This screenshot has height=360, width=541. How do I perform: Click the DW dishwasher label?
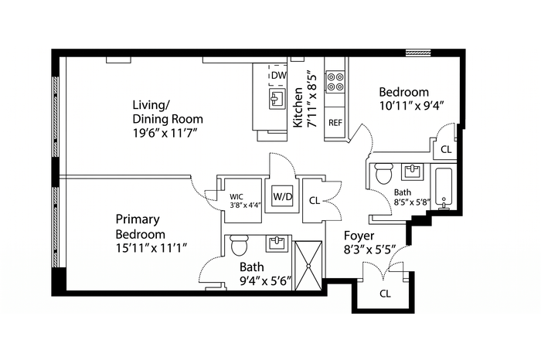[278, 75]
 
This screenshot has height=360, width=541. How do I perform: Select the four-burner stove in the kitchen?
[335, 81]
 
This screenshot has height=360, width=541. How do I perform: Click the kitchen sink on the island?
[277, 99]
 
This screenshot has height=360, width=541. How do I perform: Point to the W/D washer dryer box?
[283, 196]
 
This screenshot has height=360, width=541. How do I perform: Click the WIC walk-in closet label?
[236, 197]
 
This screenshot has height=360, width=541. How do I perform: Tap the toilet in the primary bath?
[239, 245]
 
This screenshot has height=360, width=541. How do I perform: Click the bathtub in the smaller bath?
[444, 188]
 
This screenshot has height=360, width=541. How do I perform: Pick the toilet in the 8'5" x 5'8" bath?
[383, 174]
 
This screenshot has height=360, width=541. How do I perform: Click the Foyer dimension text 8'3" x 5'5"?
[369, 250]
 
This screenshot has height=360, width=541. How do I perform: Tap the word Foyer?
[359, 236]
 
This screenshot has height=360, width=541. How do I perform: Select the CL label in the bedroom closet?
[446, 150]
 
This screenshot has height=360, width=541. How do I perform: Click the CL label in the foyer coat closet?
[385, 294]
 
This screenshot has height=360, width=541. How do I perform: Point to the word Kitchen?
[298, 107]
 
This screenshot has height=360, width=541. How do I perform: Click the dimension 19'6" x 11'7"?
[165, 133]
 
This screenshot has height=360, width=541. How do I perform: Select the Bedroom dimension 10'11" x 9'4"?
[411, 105]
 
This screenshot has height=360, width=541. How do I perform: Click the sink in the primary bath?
[277, 243]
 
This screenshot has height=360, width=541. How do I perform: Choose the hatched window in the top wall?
[419, 53]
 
